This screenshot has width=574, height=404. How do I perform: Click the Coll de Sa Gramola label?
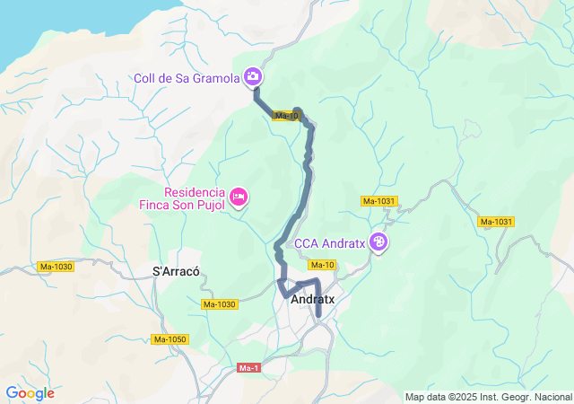pos(186,77)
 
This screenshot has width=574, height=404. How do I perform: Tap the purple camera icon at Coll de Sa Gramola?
pos(254,77)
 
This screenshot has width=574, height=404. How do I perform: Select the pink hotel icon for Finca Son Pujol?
pos(239,197)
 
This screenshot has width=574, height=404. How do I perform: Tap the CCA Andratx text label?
pos(332,242)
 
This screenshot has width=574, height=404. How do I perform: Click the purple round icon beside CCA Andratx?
pos(380,242)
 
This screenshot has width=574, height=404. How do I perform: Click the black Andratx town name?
pos(313,303)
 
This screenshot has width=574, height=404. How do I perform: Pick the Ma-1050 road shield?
pos(170,338)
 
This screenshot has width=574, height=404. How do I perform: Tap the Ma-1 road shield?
pos(249,368)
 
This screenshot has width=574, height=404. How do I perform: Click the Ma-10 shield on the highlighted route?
pos(287,116)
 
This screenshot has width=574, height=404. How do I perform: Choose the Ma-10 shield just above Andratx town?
pos(322,265)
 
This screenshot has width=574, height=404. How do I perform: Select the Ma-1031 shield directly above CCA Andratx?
pos(379,201)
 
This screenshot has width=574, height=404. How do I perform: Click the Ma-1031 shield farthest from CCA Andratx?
pos(495,222)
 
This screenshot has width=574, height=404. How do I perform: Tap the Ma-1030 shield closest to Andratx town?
pos(219,304)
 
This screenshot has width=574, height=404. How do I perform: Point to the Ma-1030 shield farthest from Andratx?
pos(56,267)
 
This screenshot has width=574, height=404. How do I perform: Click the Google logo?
pos(30,393)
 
